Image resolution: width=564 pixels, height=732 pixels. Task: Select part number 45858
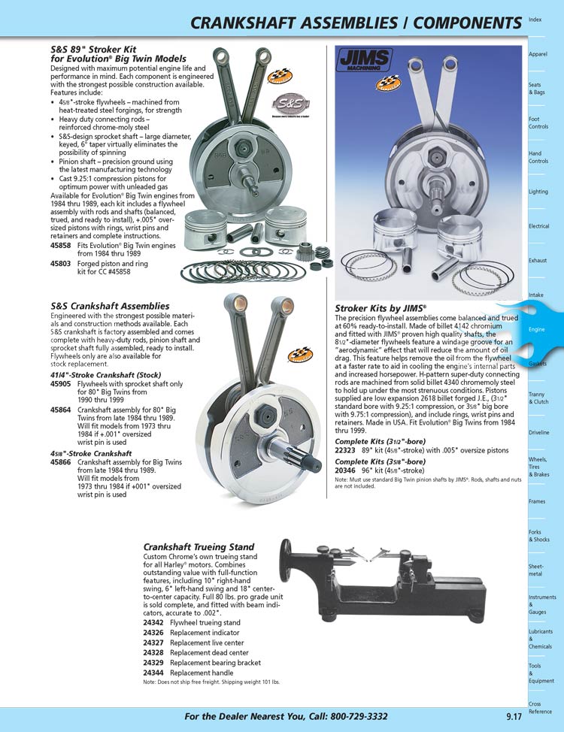click(x=61, y=246)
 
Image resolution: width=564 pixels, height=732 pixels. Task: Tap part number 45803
click(x=61, y=265)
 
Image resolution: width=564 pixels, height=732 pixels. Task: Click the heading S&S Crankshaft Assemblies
click(x=110, y=306)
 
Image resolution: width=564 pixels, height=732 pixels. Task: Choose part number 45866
click(x=61, y=462)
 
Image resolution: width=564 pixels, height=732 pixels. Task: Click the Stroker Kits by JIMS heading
click(x=381, y=308)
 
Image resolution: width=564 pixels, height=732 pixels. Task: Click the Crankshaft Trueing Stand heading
click(x=199, y=546)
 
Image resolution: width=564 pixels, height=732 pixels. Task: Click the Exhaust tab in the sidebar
click(x=538, y=261)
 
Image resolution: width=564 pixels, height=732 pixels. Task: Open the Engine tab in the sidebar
click(x=537, y=330)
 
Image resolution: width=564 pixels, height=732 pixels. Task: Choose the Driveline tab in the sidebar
click(x=539, y=433)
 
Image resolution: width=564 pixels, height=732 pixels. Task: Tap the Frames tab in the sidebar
click(x=537, y=501)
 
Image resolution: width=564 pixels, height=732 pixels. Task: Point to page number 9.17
click(x=514, y=717)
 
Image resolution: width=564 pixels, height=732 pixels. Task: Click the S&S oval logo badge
click(x=288, y=103)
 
